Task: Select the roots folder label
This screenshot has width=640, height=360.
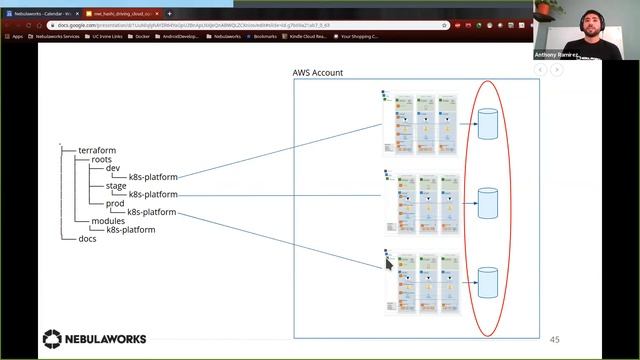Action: (x=101, y=159)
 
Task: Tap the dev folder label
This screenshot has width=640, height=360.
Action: (x=112, y=168)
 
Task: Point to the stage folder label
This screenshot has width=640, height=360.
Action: (x=116, y=185)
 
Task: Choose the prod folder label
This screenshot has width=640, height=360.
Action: (x=115, y=204)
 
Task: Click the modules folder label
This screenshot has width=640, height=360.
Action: (x=108, y=221)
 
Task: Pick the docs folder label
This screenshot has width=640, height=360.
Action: (x=88, y=238)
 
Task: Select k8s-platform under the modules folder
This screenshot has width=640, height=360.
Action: (x=131, y=229)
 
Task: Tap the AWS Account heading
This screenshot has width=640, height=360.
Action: (x=317, y=73)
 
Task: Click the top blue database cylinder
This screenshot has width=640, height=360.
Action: (x=488, y=124)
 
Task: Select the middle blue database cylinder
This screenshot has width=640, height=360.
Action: (x=488, y=202)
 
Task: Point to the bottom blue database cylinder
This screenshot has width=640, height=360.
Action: (x=488, y=282)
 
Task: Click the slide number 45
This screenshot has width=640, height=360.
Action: (x=555, y=339)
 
